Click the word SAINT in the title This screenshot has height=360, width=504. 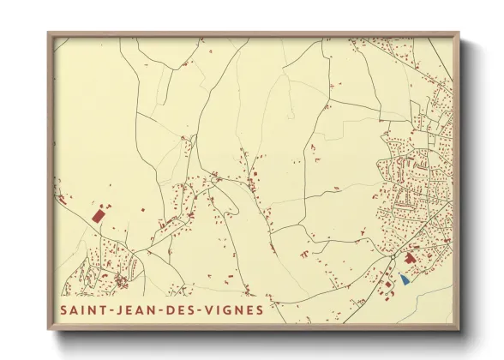[84, 309]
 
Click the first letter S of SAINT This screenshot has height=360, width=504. [63, 309]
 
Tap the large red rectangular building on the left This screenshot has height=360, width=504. [98, 215]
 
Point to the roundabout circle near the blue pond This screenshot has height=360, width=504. [393, 256]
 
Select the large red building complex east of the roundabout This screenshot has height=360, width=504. [410, 257]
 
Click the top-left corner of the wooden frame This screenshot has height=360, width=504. [49, 33]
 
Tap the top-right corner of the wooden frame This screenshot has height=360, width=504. [459, 33]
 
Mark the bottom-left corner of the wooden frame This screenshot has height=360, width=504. [49, 329]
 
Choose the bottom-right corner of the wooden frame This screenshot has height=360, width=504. [459, 329]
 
